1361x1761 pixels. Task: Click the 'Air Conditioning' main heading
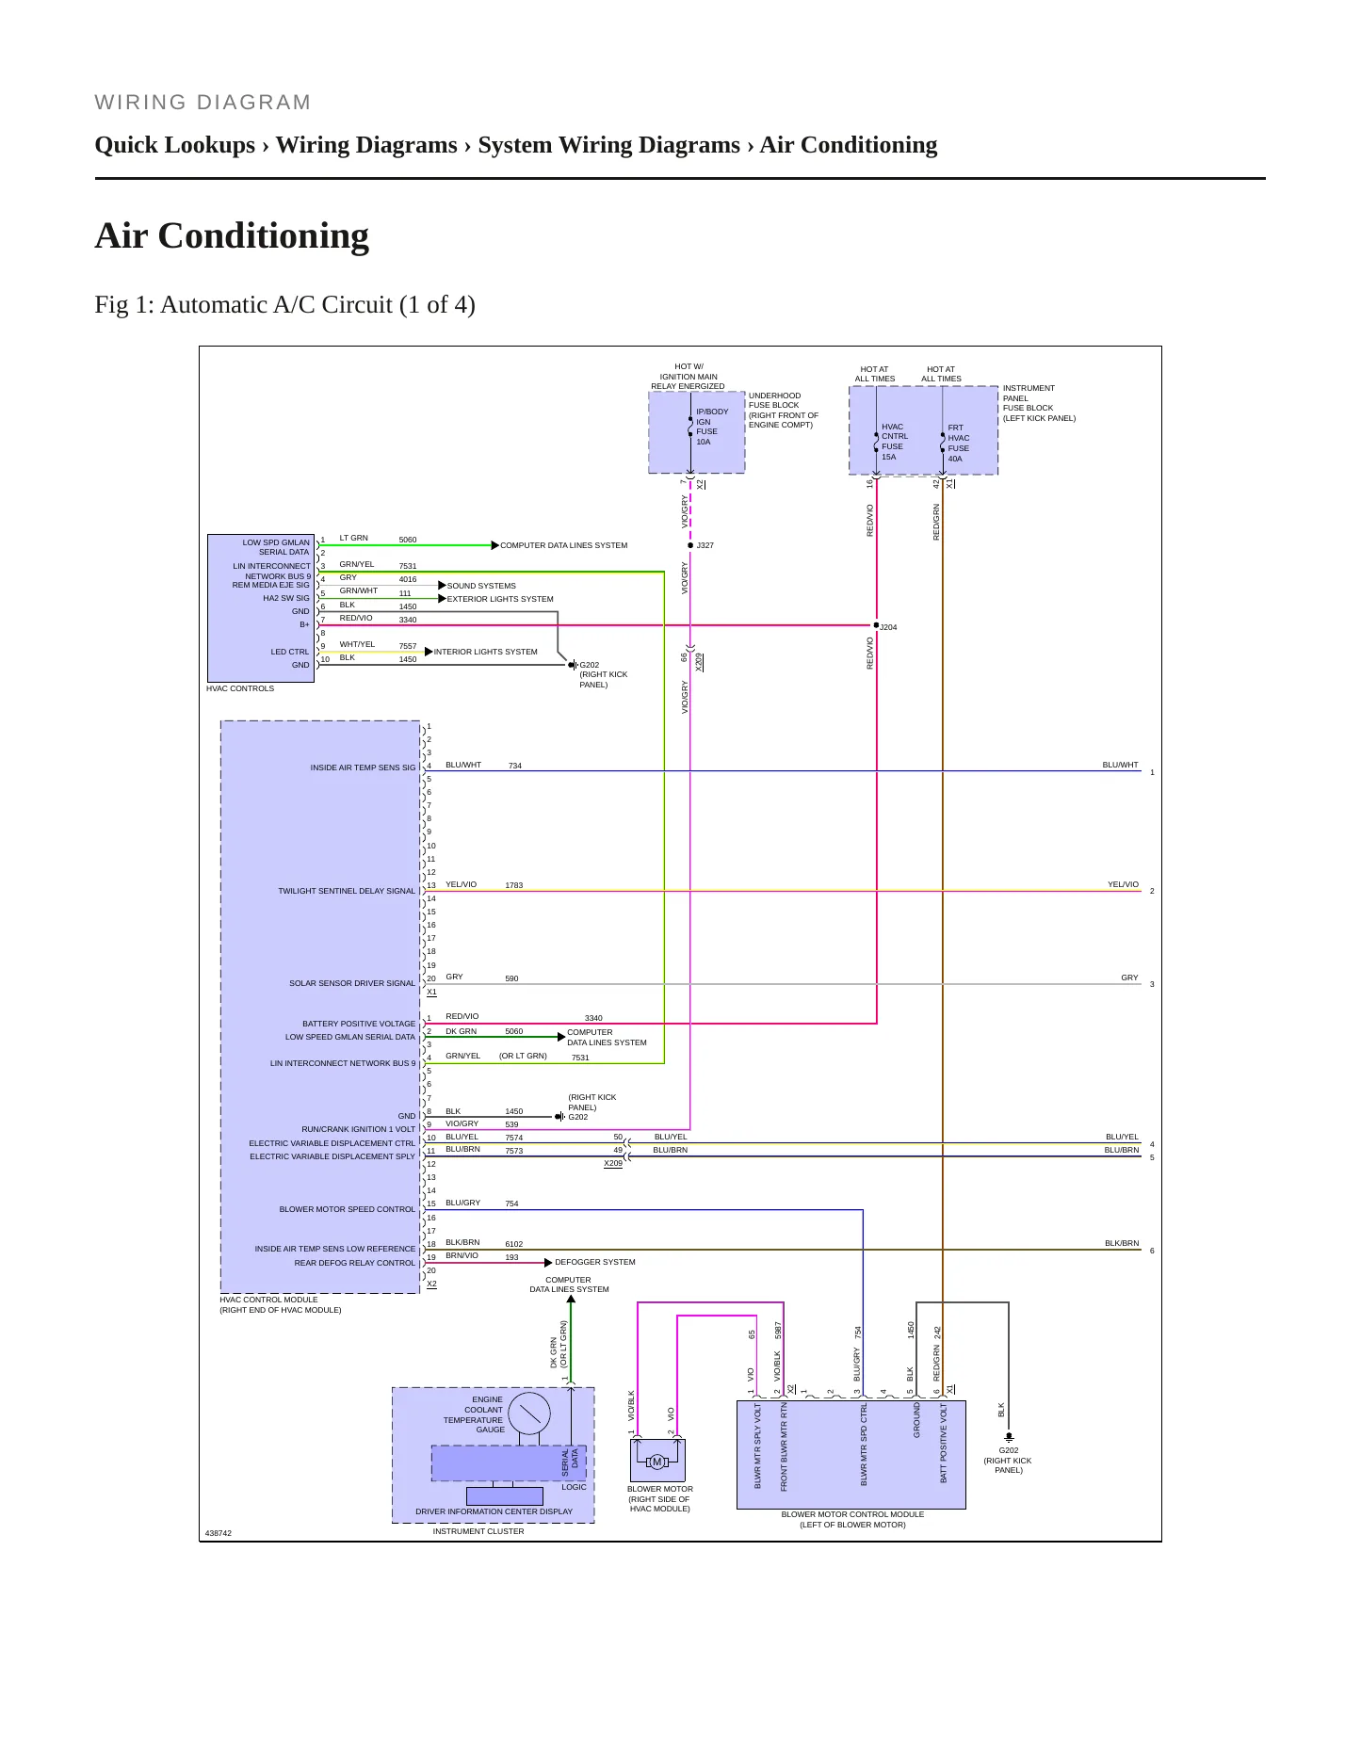point(232,235)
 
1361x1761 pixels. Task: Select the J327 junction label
point(705,545)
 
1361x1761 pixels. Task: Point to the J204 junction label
point(888,627)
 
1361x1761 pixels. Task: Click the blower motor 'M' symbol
point(657,1462)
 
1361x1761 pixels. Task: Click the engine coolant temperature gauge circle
point(529,1414)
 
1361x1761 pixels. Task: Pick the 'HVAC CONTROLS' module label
point(240,688)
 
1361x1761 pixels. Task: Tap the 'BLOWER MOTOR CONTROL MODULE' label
point(852,1514)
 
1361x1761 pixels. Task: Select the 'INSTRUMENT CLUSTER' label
point(478,1531)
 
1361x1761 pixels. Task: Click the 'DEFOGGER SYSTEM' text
point(594,1262)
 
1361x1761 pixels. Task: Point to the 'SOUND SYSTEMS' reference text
point(481,586)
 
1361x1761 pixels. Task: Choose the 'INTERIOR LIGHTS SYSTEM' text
point(485,652)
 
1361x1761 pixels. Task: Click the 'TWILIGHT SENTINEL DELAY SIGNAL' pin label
point(347,891)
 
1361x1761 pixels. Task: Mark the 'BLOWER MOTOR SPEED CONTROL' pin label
point(348,1209)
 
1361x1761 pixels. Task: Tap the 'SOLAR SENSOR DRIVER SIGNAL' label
point(352,983)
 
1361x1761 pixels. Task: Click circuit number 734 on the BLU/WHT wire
point(515,766)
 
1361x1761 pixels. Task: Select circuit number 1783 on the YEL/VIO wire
point(513,885)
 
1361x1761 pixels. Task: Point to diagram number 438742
point(219,1533)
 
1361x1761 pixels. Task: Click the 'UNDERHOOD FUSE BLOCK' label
point(774,400)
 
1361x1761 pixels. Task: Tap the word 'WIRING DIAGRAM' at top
point(203,103)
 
